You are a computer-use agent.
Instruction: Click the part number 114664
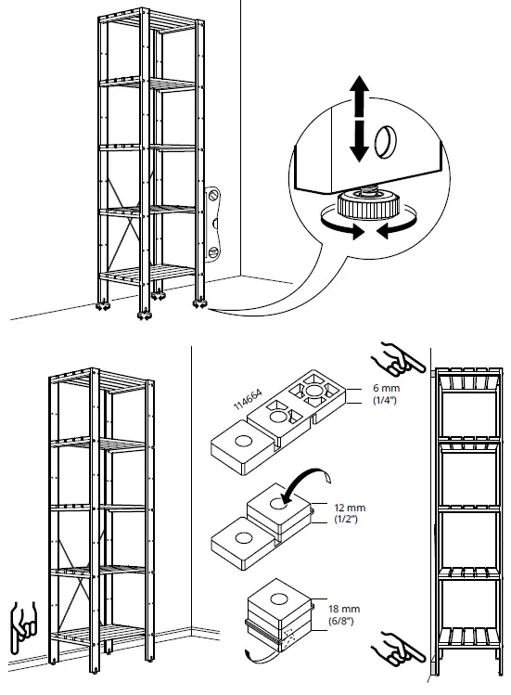pos(248,399)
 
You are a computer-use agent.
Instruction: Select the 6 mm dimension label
pos(387,388)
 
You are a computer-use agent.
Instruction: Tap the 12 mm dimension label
pos(351,508)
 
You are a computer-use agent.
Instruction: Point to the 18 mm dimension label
pos(344,609)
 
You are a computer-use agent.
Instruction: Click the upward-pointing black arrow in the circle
pos(360,96)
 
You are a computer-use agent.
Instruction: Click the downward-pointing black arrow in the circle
pos(360,142)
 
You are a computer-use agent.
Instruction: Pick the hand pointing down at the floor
pos(23,626)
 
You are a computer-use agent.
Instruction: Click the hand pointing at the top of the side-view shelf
pos(398,357)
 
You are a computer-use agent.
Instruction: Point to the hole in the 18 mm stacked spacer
pos(279,598)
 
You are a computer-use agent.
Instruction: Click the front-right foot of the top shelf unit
pos(145,315)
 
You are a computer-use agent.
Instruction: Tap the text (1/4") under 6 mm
pos(385,400)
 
